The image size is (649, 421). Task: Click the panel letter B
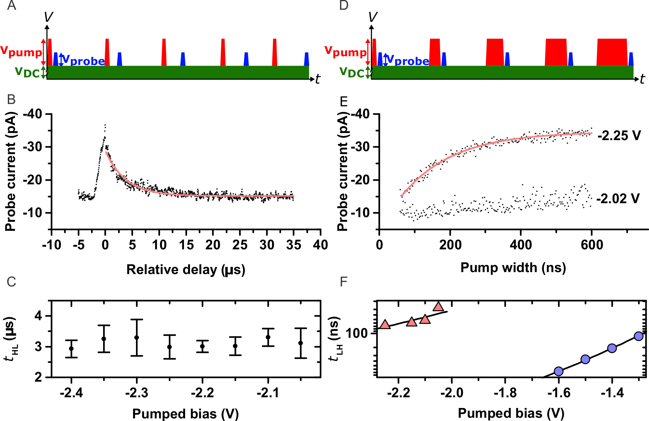(x=11, y=99)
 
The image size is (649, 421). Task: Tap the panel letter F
(x=344, y=282)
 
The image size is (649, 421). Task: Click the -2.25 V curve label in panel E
(x=619, y=136)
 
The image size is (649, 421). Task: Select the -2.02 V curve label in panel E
(x=618, y=198)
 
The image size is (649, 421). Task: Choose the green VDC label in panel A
(x=27, y=72)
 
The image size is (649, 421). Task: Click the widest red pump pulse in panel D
(x=612, y=52)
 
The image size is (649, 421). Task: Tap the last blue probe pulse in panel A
(x=306, y=59)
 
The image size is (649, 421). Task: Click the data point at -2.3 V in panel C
(x=137, y=337)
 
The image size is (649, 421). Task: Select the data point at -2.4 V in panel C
(x=71, y=349)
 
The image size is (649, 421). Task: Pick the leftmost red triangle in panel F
(x=385, y=324)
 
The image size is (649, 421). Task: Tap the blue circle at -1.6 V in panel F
(x=559, y=371)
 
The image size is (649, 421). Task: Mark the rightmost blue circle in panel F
(x=639, y=336)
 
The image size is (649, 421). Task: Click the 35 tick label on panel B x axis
(x=293, y=245)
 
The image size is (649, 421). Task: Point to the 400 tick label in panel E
(x=521, y=245)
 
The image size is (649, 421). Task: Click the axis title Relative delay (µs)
(x=186, y=270)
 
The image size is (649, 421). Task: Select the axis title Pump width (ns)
(x=513, y=268)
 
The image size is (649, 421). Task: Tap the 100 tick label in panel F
(x=356, y=333)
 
